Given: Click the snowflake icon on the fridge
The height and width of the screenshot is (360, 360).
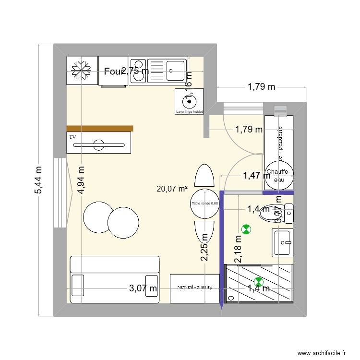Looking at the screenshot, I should click(x=82, y=71).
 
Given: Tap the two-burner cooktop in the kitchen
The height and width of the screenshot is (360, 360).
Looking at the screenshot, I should click(x=138, y=71).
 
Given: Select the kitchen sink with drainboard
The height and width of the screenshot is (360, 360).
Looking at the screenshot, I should click(x=166, y=71).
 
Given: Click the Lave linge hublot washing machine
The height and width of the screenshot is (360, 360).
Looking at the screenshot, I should click(x=190, y=101).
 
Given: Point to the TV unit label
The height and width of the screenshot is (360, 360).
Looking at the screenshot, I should click(x=73, y=137).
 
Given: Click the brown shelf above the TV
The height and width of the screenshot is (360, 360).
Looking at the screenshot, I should click(x=99, y=128).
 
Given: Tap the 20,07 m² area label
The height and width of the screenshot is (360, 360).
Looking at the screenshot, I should click(x=172, y=189).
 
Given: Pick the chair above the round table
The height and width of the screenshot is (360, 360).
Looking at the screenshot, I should click(x=204, y=176).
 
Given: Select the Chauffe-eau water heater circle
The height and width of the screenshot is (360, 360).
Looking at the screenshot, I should click(x=278, y=175).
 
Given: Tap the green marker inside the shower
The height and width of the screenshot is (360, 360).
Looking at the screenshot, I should click(x=259, y=282).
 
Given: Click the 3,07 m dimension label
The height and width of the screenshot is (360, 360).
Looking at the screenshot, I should click(x=143, y=288).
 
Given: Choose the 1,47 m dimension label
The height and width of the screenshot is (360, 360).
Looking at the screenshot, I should click(x=257, y=176).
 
